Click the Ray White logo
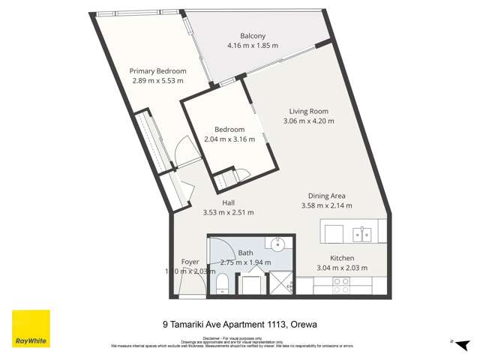pyautogui.click(x=31, y=329)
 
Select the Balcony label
pyautogui.click(x=253, y=36)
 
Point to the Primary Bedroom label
pyautogui.click(x=157, y=71)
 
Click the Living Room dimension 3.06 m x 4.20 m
pyautogui.click(x=308, y=121)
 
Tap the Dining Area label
pyautogui.click(x=326, y=196)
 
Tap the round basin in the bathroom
pyautogui.click(x=276, y=244)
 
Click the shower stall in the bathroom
pyautogui.click(x=280, y=283)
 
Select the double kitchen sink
pyautogui.click(x=362, y=233)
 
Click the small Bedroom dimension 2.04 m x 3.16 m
pyautogui.click(x=229, y=139)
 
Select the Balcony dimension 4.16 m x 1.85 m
pyautogui.click(x=253, y=46)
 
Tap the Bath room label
pyautogui.click(x=246, y=253)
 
